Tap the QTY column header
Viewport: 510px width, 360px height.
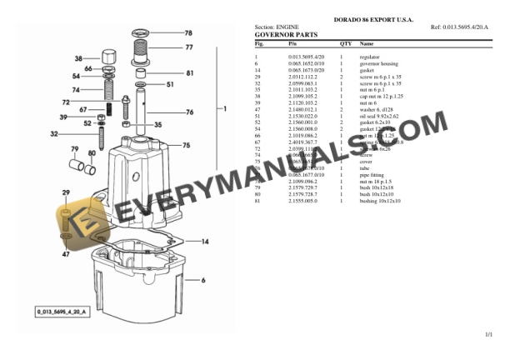345,43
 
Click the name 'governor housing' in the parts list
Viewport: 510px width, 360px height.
377,63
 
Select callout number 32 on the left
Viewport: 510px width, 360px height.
54,133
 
